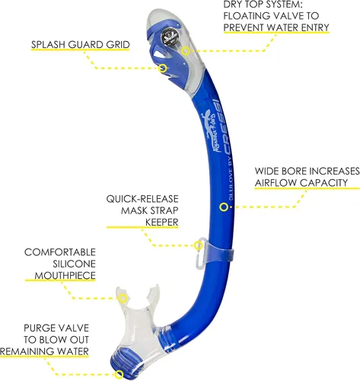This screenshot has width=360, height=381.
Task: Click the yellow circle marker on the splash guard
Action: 163,68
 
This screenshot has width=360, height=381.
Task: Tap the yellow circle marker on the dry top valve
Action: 186,51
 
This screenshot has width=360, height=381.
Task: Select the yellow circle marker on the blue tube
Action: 224,207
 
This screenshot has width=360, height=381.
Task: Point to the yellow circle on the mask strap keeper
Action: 199,245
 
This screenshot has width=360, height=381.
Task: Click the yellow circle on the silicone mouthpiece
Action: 123,298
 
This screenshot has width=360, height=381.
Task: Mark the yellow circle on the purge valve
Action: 119,374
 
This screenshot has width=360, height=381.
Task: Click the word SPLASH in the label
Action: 48,45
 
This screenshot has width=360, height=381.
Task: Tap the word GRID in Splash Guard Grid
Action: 118,45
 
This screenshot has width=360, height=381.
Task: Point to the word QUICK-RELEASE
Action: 142,199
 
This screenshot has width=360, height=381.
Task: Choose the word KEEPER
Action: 162,223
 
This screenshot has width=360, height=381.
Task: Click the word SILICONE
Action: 74,264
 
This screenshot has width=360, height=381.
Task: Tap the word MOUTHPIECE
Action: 65,275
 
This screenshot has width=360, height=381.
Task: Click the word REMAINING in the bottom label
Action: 27,351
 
